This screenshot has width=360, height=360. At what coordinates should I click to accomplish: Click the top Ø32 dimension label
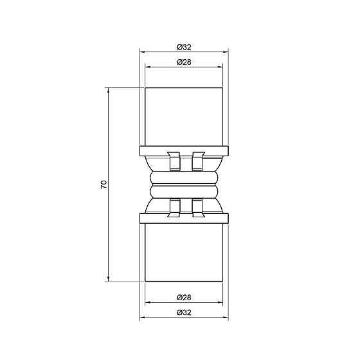184,46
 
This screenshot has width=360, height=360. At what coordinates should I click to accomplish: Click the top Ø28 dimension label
184,62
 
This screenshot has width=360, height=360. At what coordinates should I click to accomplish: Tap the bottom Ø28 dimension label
184,298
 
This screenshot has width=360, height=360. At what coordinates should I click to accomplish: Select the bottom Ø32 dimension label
184,313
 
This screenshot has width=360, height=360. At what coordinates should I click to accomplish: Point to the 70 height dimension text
103,184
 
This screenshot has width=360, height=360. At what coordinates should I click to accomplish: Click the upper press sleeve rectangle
184,116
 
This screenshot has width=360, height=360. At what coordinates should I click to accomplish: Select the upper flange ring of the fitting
184,151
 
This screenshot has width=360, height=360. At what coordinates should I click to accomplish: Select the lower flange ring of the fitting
184,218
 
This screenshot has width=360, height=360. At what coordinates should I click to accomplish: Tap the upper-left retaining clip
173,161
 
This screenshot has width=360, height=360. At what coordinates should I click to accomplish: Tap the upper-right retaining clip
197,161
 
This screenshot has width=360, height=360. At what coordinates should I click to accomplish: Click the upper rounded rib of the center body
184,177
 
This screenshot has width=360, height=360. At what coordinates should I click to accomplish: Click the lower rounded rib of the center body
184,191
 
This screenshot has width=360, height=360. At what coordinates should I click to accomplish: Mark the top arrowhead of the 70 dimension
108,91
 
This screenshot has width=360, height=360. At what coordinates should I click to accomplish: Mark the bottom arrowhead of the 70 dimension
108,278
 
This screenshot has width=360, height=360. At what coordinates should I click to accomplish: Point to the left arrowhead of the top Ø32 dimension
143,51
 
